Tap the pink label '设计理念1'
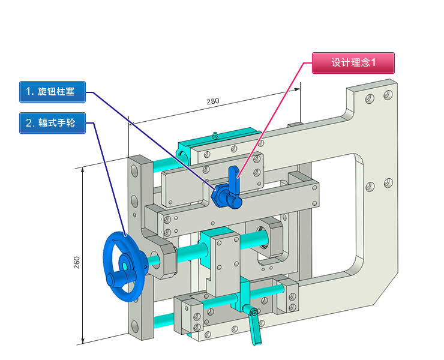(x=353, y=63)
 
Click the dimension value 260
(x=77, y=262)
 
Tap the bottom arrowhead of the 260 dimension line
(x=83, y=340)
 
